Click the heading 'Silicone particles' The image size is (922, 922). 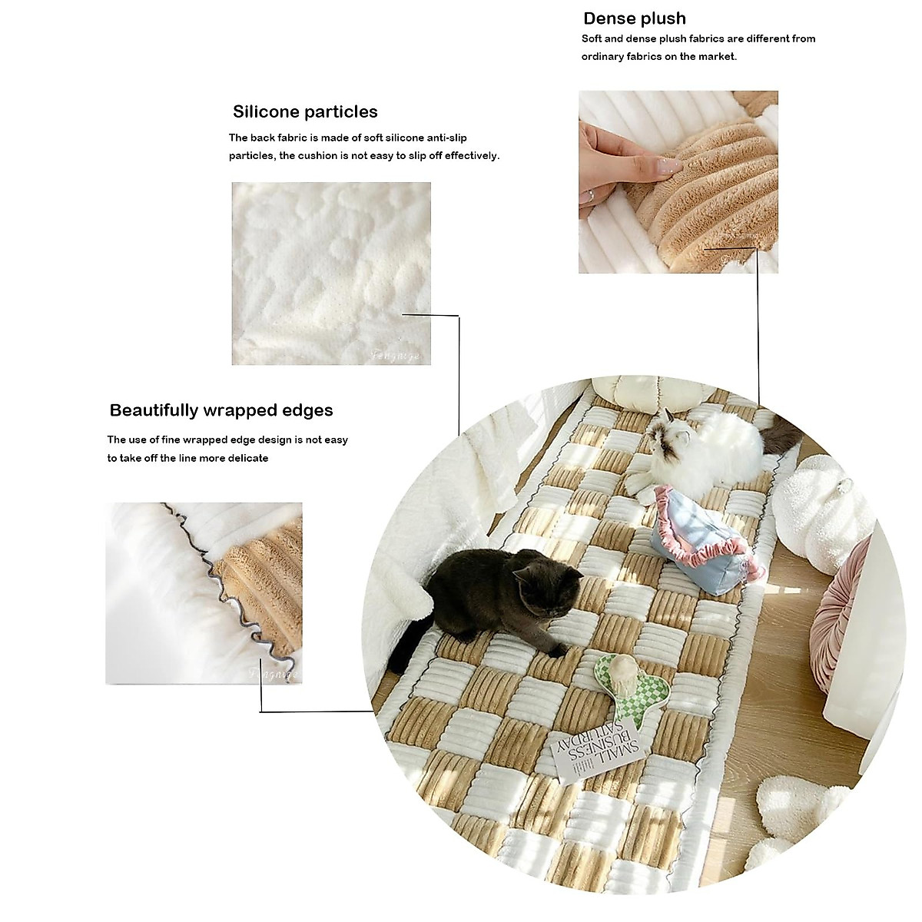[x=305, y=112]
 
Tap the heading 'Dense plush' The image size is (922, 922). [x=635, y=19]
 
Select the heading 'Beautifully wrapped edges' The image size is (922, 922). [x=221, y=410]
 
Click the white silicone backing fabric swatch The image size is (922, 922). [x=331, y=273]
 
